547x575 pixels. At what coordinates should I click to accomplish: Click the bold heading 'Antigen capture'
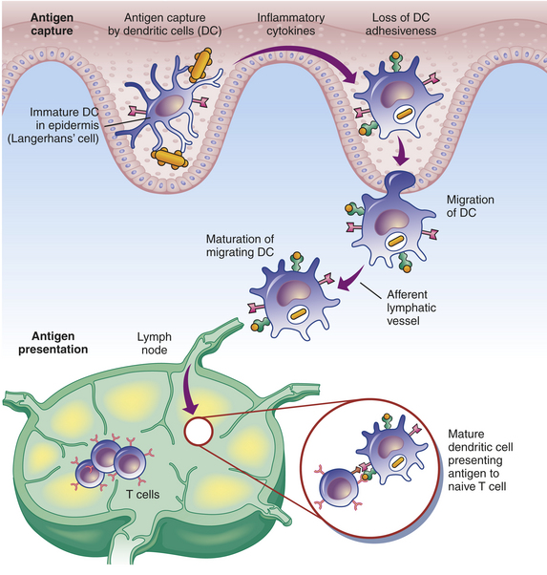click(52, 24)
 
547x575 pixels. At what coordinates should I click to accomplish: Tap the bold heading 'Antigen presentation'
click(53, 343)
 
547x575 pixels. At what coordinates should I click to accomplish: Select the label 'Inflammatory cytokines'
click(291, 24)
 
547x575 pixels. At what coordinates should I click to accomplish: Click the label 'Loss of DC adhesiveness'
click(401, 24)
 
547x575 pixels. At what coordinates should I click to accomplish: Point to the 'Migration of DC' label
click(471, 206)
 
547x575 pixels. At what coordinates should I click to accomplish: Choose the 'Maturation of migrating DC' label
click(240, 245)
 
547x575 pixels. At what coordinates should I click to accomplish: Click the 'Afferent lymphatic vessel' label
click(411, 308)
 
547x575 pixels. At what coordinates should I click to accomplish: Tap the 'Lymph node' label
click(155, 343)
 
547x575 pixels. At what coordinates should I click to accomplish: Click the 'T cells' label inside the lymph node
click(143, 495)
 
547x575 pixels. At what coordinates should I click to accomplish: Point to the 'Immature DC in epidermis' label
click(65, 118)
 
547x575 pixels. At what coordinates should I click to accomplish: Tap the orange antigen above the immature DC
click(200, 65)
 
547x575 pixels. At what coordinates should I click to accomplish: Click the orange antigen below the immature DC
click(170, 158)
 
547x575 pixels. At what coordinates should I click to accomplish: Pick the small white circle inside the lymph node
click(199, 432)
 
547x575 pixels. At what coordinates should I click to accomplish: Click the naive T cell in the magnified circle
click(338, 488)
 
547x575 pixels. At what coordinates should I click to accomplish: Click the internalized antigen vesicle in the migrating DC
click(396, 241)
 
